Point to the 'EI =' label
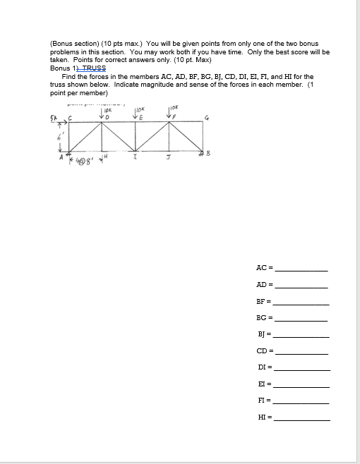pos(265,385)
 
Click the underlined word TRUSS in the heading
pos(94,68)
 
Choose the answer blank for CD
pos(301,351)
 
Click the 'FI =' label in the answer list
pos(265,402)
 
